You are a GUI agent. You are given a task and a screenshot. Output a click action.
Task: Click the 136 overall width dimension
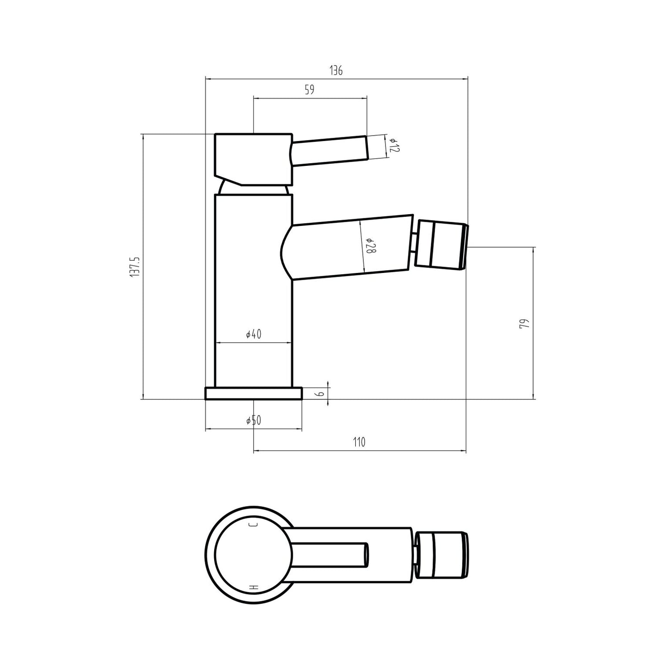[x=336, y=70]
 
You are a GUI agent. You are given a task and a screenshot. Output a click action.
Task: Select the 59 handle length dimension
[x=309, y=89]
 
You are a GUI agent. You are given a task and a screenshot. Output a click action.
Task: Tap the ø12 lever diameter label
[x=394, y=146]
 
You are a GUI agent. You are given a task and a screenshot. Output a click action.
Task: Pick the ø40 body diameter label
[x=254, y=334]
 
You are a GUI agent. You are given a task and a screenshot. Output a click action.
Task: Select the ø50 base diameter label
[x=254, y=421]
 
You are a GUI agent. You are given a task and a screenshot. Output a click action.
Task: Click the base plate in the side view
[x=254, y=394]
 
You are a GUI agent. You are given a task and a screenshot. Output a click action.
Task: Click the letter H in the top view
[x=254, y=588]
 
